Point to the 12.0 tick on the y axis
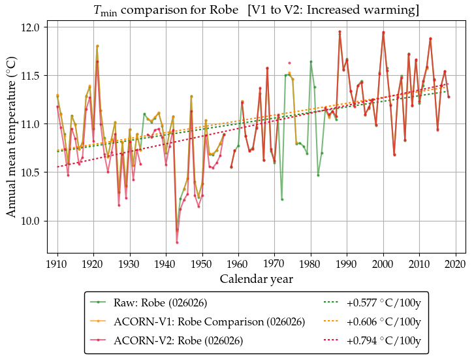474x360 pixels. tap(31, 27)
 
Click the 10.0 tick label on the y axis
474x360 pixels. tap(31, 221)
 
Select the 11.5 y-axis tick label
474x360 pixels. tap(31, 76)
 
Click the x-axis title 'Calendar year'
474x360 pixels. tap(256, 279)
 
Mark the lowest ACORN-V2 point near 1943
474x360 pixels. tap(177, 242)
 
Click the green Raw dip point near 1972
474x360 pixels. tap(282, 199)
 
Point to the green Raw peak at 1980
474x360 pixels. tap(311, 61)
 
